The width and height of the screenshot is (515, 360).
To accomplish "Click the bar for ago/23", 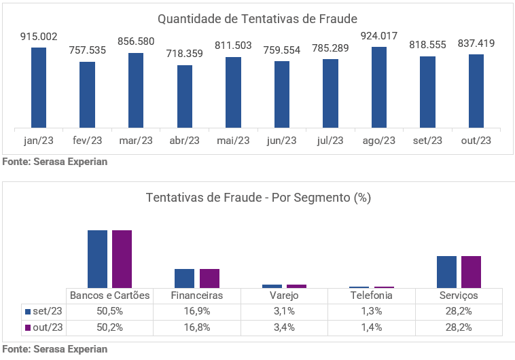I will pos(379,87).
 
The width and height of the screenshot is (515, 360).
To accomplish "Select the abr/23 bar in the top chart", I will pos(185,96).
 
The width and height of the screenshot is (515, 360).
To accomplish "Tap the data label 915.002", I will pos(39,36).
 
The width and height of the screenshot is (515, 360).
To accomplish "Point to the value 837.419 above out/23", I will pos(476,43).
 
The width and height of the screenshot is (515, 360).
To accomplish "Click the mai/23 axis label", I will pos(234,141).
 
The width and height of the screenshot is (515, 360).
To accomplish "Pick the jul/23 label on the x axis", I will pos(331,141).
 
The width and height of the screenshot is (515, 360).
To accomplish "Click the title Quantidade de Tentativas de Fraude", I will pos(257,18).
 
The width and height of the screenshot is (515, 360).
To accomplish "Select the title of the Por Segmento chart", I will pos(257,198).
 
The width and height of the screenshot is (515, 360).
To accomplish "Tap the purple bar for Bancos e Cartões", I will pos(122,259).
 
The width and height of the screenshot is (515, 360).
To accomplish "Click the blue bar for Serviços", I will pos(446,272).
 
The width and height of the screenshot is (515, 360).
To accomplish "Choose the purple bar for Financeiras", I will pos(209,278).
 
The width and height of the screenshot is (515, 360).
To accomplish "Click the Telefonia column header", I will pos(371,295).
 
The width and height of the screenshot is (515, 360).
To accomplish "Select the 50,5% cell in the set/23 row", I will pos(110,311).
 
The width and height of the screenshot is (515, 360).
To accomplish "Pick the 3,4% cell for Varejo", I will pos(284,327).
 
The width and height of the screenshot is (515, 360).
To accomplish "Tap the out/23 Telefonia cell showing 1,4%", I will pos(371,327).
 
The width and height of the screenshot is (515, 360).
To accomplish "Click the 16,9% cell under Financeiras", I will pos(197,311).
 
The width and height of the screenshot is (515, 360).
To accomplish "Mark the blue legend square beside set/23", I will pos(29,311).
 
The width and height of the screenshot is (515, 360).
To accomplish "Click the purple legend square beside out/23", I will pos(29,327).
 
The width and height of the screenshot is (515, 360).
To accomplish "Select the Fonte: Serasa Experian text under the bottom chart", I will pos(54,349).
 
